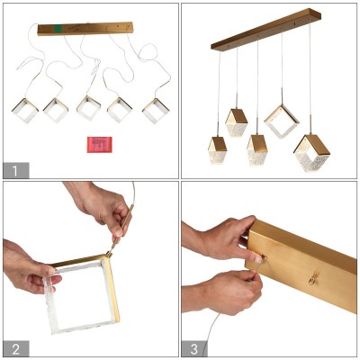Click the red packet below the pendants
tap(100, 145)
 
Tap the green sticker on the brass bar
tap(57, 29)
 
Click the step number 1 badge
tap(16, 170)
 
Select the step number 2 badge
tap(16, 348)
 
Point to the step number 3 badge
tap(194, 348)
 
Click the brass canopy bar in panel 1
tap(85, 29)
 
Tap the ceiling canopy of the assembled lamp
tap(266, 30)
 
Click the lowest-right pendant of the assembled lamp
tap(311, 153)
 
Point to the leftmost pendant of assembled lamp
tap(217, 150)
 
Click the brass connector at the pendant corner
tap(109, 254)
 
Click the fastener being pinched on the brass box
tap(264, 256)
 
